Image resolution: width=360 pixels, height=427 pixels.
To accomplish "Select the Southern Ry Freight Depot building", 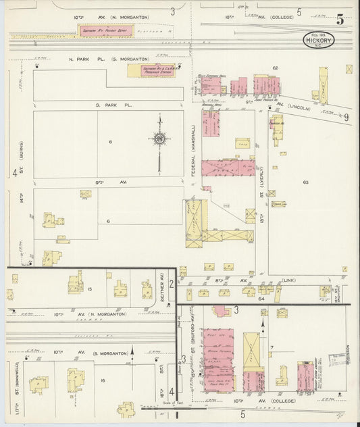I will [105, 30].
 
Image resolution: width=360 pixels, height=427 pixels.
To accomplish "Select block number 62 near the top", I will [275, 68].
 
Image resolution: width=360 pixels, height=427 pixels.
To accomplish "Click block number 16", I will [103, 380].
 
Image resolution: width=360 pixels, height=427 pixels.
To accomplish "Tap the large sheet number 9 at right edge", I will [346, 117].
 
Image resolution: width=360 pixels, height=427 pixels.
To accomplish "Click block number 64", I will [260, 297].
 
